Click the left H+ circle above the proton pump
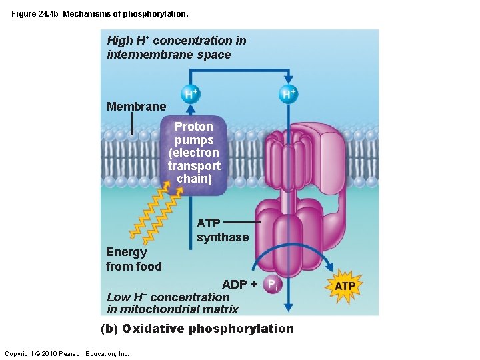click(x=191, y=95)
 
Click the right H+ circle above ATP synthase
click(x=288, y=94)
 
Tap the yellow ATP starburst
click(x=345, y=286)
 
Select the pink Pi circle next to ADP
click(x=271, y=285)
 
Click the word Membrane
click(x=137, y=107)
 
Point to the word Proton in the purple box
click(x=194, y=127)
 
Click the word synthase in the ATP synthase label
click(x=223, y=237)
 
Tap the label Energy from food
click(x=133, y=259)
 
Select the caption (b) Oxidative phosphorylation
click(x=197, y=329)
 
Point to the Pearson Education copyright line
click(x=67, y=353)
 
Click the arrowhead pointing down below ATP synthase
click(x=288, y=308)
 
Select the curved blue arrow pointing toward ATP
click(x=293, y=251)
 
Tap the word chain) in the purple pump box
click(x=194, y=179)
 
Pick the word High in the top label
click(x=120, y=41)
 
